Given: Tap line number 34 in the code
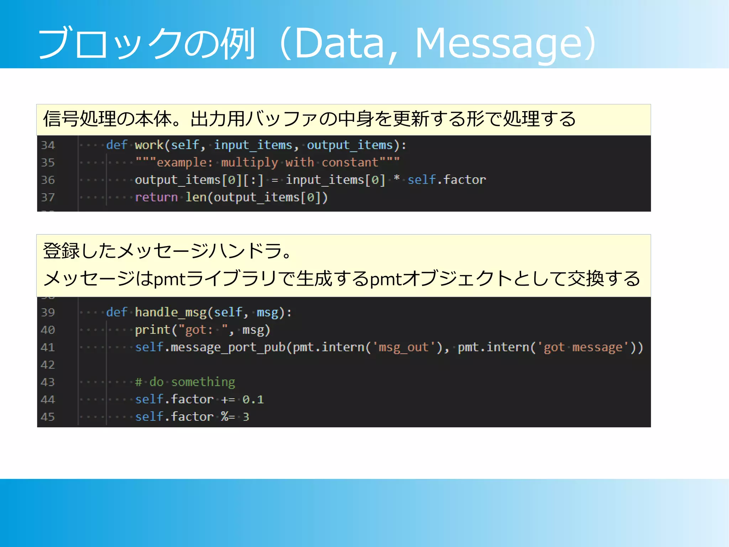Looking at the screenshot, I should (x=48, y=145).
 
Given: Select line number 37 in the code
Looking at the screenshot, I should (x=48, y=197).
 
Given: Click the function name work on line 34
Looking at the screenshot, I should (x=149, y=145).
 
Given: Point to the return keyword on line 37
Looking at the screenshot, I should (x=156, y=197).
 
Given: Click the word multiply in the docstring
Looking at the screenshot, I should (x=249, y=162).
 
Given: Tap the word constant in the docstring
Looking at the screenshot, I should (x=350, y=162).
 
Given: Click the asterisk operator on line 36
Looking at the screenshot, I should (x=397, y=179).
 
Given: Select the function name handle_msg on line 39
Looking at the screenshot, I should (x=171, y=312).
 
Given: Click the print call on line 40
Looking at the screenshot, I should (x=153, y=330).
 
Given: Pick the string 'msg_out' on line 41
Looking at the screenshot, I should (x=404, y=347).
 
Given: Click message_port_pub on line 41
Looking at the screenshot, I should (x=228, y=347).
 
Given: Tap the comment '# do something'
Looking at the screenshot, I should (x=185, y=382).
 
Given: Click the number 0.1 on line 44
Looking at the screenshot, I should (x=253, y=400).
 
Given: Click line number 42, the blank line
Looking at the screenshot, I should (x=48, y=365).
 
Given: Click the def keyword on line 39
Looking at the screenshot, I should (x=116, y=312).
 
